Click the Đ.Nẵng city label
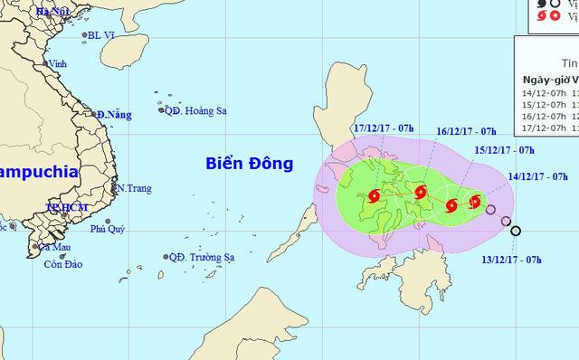115,115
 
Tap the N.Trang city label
131,188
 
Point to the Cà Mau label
53,247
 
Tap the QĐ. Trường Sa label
201,258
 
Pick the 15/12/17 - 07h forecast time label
506,152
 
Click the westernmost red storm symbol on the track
374,195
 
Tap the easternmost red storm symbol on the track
475,201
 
